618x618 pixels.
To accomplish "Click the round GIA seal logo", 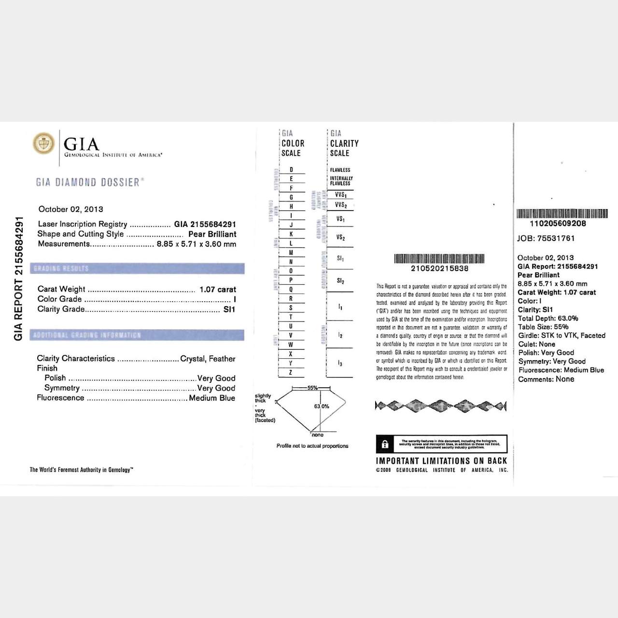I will pos(44,143).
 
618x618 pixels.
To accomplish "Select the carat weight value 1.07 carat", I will pos(218,289).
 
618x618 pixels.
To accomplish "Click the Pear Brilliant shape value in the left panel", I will pos(212,234).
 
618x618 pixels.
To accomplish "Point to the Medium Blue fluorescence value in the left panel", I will pos(212,398).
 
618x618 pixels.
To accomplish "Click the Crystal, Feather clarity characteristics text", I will pos(208,359).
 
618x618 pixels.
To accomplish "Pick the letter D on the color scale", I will pos(291,169).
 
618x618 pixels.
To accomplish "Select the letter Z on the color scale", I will pos(291,372).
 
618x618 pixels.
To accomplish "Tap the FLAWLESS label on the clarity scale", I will pos(340,170).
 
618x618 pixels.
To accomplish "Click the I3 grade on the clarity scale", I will pos(340,363).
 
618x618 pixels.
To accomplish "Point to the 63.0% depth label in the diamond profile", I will pos(322,406).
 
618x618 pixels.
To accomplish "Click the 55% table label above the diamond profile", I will pos(312,388).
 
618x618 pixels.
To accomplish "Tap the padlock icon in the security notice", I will pos(385,444).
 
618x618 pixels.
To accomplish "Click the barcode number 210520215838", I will pos(439,268).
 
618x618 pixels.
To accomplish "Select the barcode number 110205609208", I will pos(558,224).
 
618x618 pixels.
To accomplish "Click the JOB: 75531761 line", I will pos(546,238).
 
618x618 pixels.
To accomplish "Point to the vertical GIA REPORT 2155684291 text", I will pos(19,279).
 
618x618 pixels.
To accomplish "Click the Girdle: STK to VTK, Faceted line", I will pos(562,336).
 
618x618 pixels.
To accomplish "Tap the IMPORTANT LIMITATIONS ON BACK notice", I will pos(441,461).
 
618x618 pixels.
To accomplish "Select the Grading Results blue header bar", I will pos(137,268).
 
